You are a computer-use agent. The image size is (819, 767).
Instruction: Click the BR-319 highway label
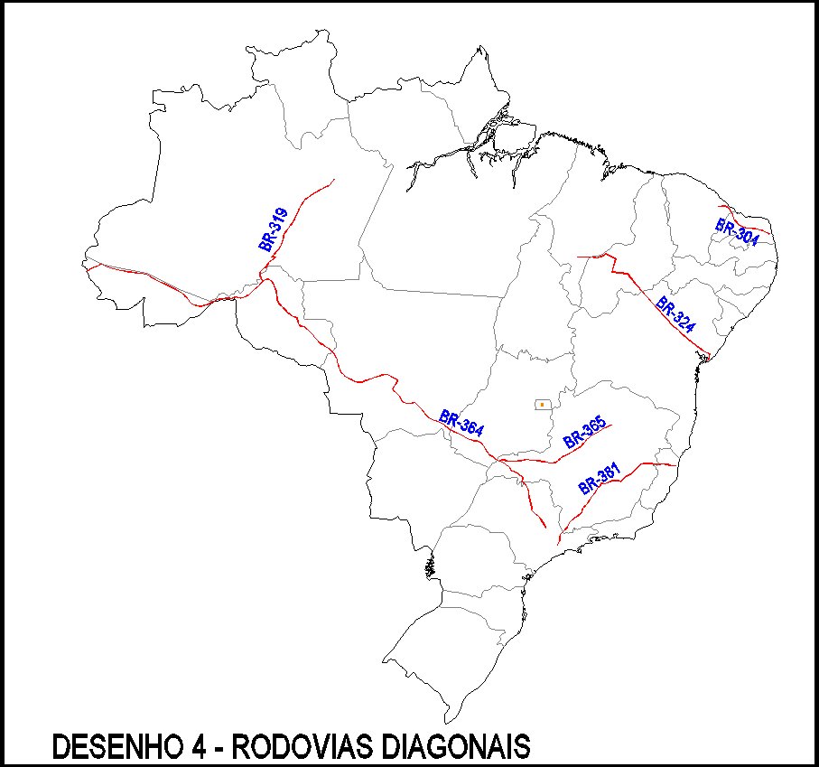click(273, 229)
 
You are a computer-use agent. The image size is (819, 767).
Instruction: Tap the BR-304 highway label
click(737, 228)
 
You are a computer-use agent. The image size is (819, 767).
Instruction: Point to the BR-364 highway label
click(461, 424)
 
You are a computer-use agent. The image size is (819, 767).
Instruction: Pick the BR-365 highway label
click(584, 435)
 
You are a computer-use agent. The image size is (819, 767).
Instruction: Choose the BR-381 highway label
click(600, 479)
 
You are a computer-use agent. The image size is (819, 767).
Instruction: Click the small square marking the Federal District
click(542, 404)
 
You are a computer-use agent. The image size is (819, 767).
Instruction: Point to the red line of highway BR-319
click(302, 203)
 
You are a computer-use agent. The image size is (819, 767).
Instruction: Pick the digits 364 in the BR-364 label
click(470, 427)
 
